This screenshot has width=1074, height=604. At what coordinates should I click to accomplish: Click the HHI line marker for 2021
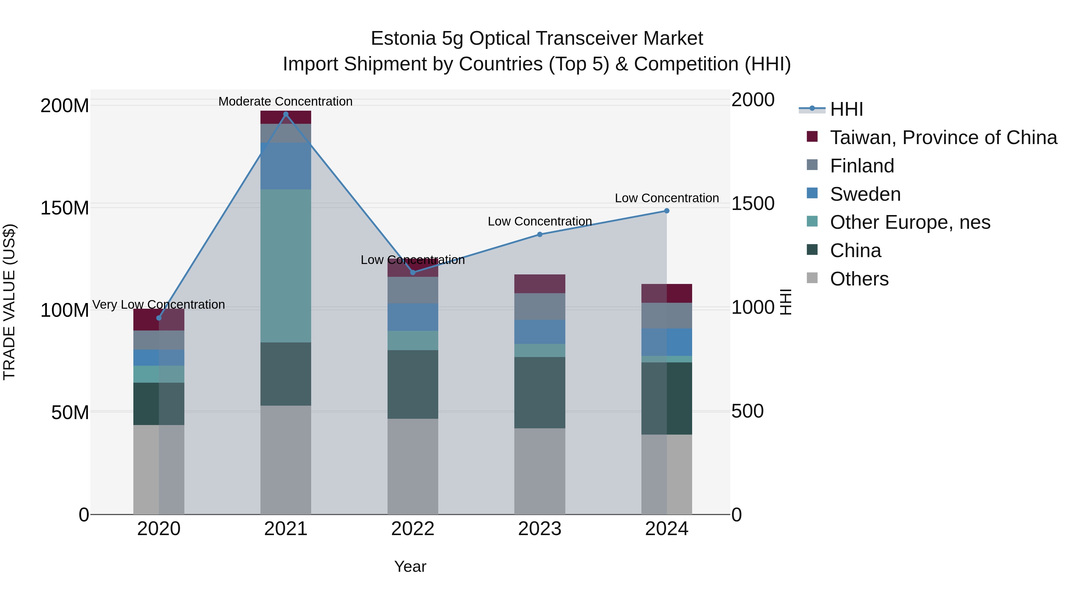click(x=286, y=114)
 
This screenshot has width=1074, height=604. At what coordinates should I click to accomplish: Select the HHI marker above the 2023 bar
click(x=539, y=234)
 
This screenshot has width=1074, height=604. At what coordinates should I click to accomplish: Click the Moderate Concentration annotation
click(x=285, y=101)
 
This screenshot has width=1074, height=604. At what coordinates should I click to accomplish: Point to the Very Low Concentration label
click(x=158, y=305)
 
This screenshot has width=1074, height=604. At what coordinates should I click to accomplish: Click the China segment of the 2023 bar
click(x=539, y=392)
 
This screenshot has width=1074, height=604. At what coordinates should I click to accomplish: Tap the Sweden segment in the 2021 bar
click(x=286, y=166)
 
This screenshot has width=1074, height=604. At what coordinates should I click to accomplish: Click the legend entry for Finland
click(x=862, y=166)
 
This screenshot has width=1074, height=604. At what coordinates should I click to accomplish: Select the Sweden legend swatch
click(x=812, y=193)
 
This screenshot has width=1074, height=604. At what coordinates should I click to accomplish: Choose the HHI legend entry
click(x=846, y=109)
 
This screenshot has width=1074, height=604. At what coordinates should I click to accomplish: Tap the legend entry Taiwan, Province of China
click(x=943, y=138)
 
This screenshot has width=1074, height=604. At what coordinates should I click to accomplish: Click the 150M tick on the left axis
click(x=65, y=208)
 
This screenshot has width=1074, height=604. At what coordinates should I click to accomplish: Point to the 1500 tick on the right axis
click(x=753, y=203)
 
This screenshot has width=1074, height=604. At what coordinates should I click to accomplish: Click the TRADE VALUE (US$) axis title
click(x=9, y=302)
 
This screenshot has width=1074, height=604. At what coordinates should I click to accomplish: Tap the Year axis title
click(x=410, y=566)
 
